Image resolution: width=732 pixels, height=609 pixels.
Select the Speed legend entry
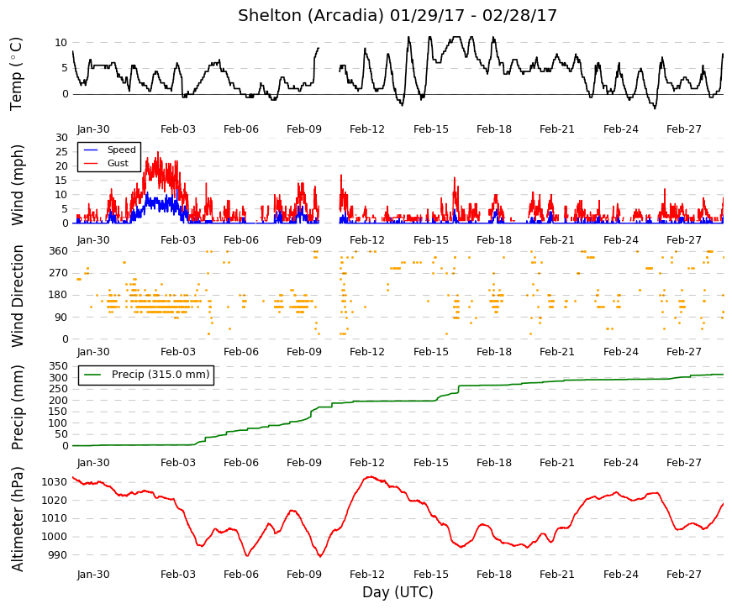(109, 150)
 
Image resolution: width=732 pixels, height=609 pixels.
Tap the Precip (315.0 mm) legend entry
(146, 375)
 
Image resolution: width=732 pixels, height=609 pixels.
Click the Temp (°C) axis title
(16, 74)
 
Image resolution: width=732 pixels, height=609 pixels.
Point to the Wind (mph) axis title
(17, 186)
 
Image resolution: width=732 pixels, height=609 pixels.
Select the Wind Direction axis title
(18, 297)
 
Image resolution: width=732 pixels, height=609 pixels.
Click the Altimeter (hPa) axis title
(18, 519)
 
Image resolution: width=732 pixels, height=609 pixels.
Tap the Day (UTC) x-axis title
(398, 592)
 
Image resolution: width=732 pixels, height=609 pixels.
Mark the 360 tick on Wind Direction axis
(59, 251)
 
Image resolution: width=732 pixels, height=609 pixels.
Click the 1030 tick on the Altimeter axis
(55, 482)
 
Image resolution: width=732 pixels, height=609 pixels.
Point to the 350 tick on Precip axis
(59, 366)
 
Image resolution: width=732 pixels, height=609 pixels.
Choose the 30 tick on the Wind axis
(61, 138)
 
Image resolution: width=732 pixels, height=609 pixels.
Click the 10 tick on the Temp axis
(61, 43)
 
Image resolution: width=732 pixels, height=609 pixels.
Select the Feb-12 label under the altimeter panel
(367, 575)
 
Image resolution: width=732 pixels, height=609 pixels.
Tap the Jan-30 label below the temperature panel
(93, 129)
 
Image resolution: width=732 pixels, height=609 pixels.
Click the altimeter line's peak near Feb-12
(370, 476)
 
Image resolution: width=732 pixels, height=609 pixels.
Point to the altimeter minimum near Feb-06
(247, 555)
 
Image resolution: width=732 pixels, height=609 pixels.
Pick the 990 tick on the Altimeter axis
(58, 555)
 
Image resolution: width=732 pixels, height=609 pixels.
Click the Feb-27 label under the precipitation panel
(684, 463)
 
